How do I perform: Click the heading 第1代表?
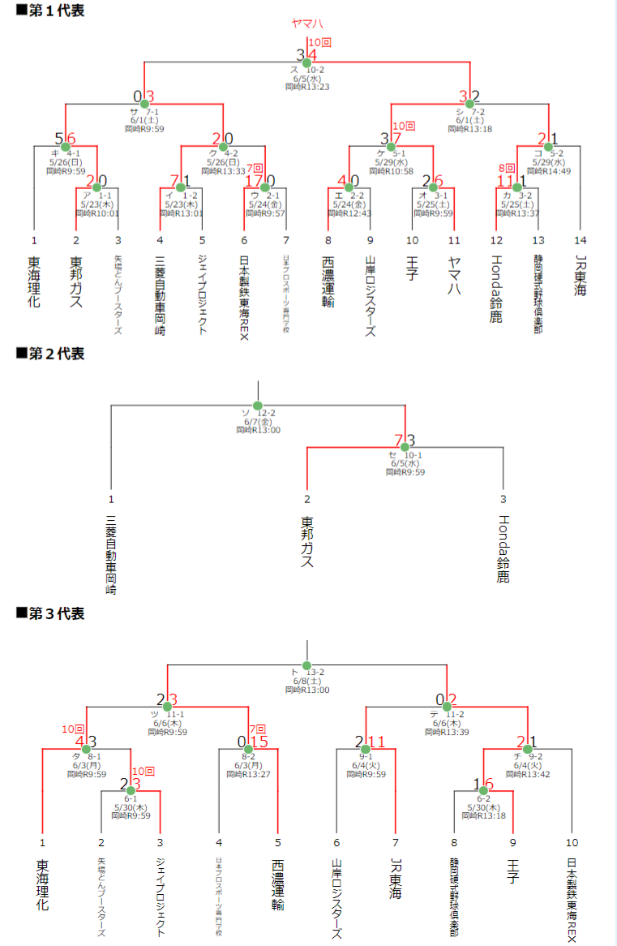50,11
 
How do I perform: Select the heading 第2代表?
50,354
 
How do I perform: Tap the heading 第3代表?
50,613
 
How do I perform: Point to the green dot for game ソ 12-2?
258,406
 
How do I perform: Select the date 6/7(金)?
258,422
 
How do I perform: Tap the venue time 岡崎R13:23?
306,87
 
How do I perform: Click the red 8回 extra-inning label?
506,169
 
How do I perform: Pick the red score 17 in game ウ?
253,181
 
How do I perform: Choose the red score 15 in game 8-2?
259,741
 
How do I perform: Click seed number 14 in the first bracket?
580,240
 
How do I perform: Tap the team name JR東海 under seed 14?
580,276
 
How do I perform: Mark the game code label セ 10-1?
405,455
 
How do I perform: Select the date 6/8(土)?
306,681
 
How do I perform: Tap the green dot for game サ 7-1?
144,103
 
